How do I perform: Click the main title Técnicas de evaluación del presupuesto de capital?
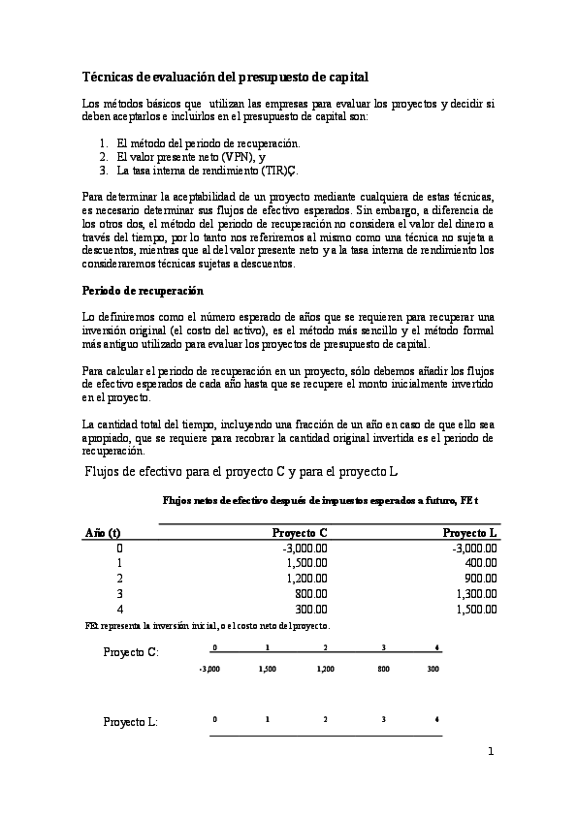click(225, 76)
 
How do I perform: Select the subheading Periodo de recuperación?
click(144, 290)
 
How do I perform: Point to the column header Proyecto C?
click(300, 533)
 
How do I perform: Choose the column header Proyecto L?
click(470, 533)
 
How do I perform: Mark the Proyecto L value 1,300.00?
click(476, 593)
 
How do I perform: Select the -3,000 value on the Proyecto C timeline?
click(209, 669)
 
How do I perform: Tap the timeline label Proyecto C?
click(131, 651)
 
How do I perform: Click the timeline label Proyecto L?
click(131, 722)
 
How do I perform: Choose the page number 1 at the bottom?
click(492, 751)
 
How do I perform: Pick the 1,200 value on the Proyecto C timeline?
click(326, 669)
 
